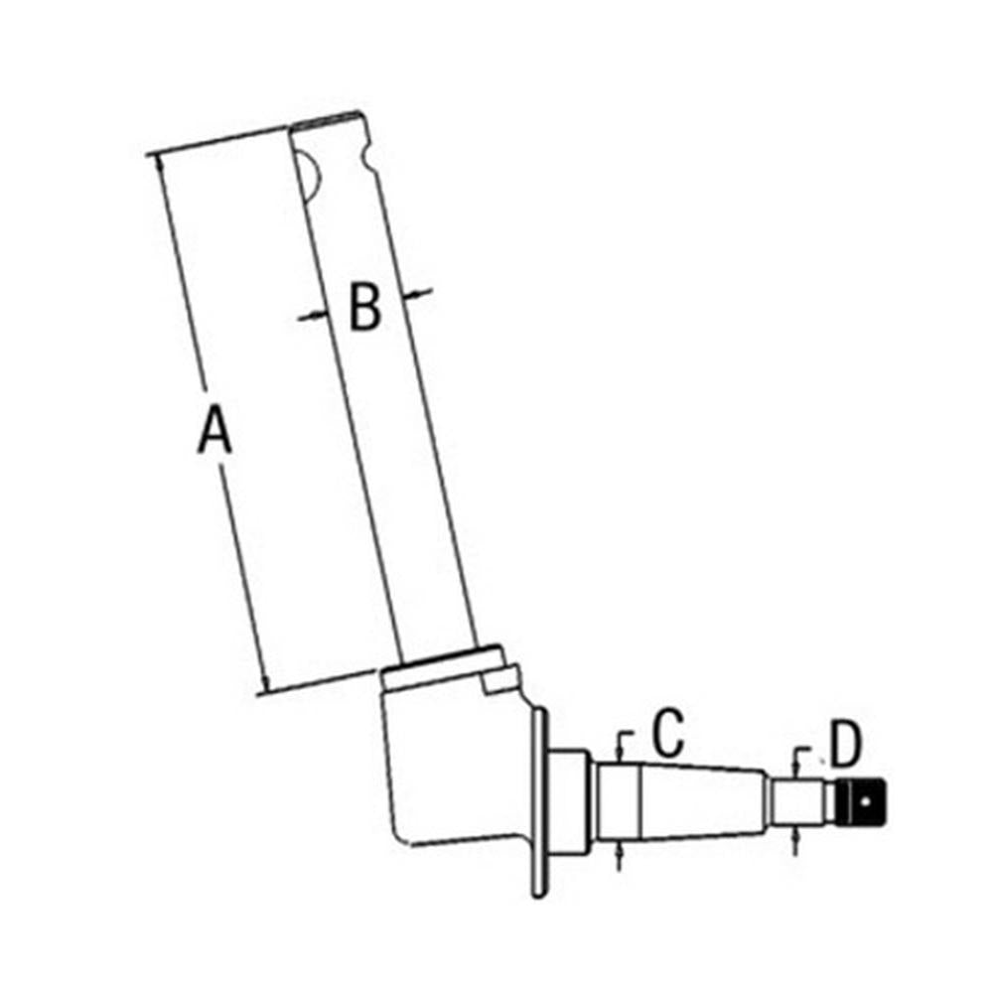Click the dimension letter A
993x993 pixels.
tap(214, 431)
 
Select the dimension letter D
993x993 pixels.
tap(846, 743)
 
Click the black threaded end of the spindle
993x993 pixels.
tap(861, 802)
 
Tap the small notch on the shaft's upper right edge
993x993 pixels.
tap(368, 158)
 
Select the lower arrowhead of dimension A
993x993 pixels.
tap(265, 684)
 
